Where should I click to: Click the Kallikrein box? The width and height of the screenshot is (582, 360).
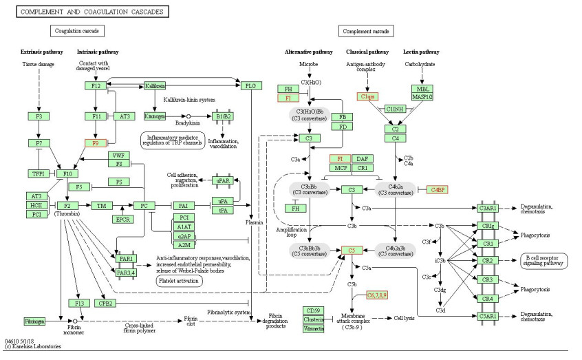155,86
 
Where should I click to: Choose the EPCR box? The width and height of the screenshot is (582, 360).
122,220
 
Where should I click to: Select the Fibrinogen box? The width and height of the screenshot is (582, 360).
34,321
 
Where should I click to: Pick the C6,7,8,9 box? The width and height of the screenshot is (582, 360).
377,295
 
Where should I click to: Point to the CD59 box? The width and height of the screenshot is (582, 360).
314,310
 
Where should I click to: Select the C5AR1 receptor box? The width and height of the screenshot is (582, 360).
487,316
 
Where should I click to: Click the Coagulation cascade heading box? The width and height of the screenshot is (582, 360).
76,31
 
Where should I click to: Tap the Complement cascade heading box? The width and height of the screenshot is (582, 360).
365,31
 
